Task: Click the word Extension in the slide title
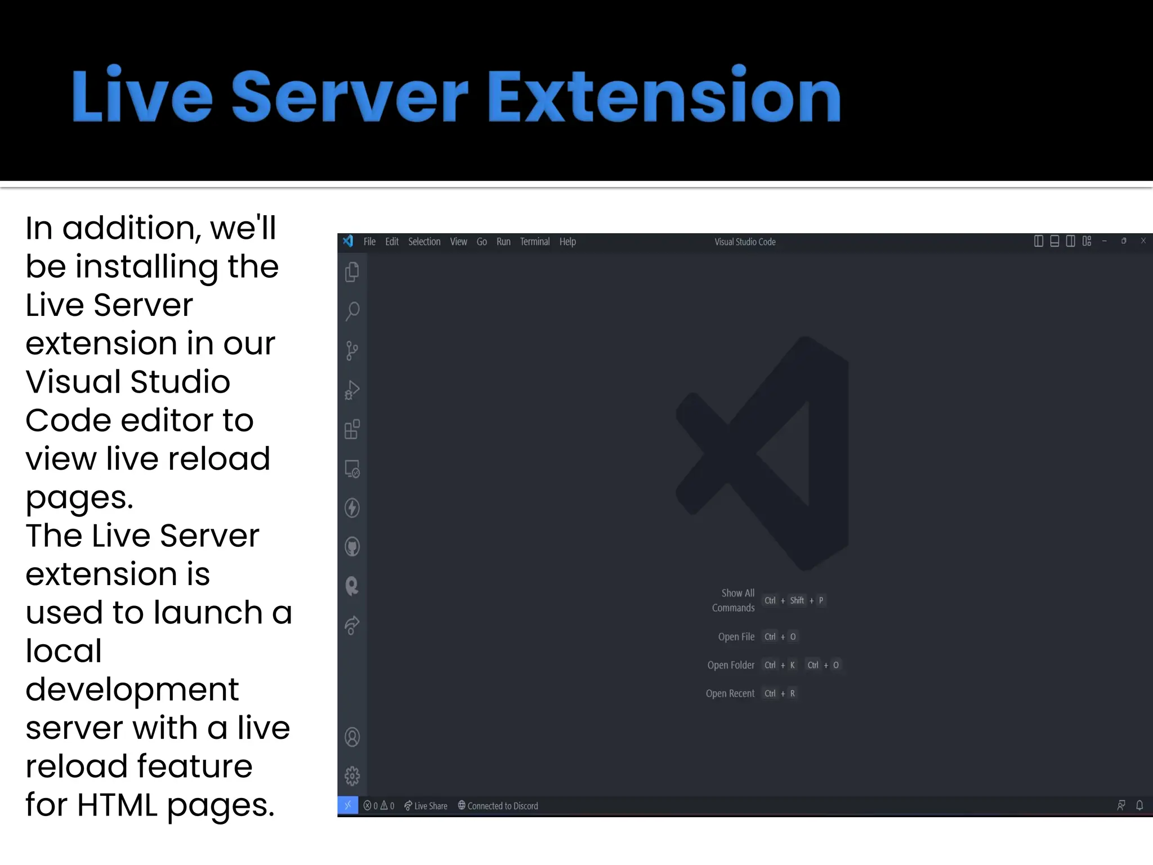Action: (x=664, y=96)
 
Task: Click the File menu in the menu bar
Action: (x=369, y=242)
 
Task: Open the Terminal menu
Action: (x=534, y=242)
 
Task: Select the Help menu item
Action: (x=567, y=242)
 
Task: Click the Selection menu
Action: (x=424, y=242)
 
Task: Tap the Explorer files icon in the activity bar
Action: (x=352, y=272)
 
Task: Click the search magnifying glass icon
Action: (x=352, y=311)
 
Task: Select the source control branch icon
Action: (x=352, y=350)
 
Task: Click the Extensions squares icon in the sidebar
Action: (x=352, y=429)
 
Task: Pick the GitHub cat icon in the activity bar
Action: (x=352, y=547)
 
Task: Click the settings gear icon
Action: (x=352, y=776)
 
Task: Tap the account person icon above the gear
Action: (x=352, y=737)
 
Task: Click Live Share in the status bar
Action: (x=426, y=806)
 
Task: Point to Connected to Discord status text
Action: (x=498, y=806)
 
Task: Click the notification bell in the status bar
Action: (x=1139, y=805)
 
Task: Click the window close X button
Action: (x=1143, y=241)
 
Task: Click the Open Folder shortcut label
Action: (x=731, y=665)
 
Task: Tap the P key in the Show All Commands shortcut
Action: (x=821, y=600)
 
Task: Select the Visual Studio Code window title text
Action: (x=745, y=242)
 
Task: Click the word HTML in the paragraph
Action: (x=117, y=805)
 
